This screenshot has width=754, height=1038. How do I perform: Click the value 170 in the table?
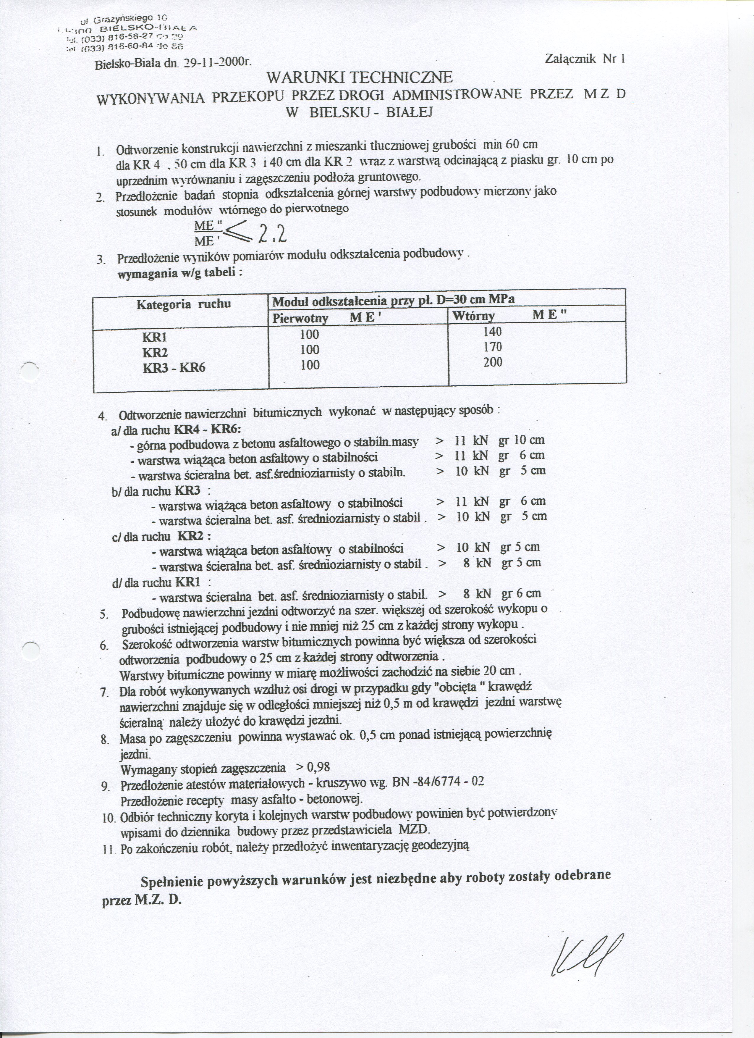tap(492, 347)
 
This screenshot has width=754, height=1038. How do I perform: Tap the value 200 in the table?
tap(492, 362)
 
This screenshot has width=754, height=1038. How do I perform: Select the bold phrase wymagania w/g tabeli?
tap(180, 274)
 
